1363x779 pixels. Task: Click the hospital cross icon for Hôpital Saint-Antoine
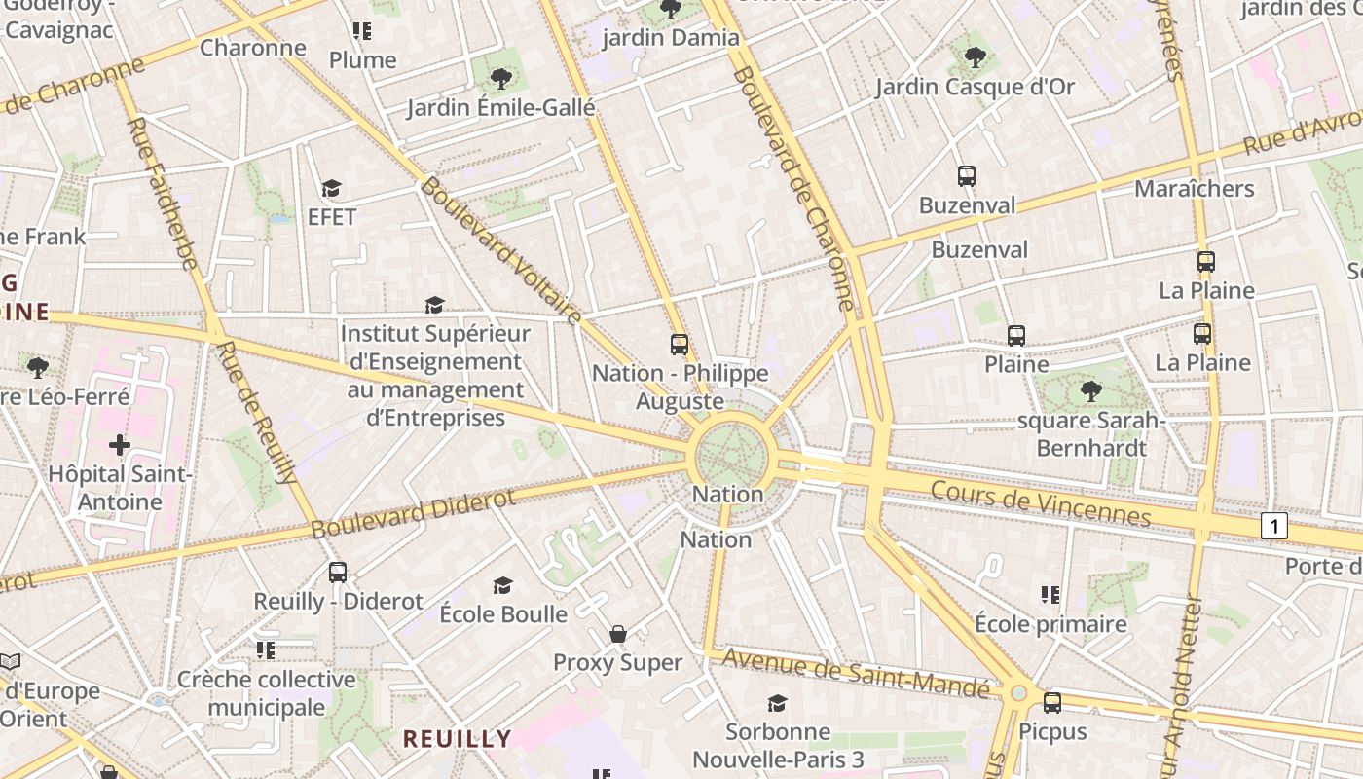[x=120, y=445]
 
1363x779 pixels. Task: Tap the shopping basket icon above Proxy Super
[x=617, y=635]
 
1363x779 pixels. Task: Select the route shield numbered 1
[x=1273, y=526]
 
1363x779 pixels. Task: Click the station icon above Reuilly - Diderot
[x=338, y=573]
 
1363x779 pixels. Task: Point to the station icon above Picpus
[x=1052, y=703]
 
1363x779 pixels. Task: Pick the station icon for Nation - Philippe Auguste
[x=680, y=344]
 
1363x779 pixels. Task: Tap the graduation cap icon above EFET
[x=332, y=188]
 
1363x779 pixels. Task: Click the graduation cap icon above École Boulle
[x=502, y=585]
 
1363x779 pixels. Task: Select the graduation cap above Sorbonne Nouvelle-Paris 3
[x=777, y=703]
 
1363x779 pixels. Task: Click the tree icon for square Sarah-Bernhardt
[x=1091, y=391]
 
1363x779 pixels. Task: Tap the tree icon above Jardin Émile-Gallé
[x=501, y=78]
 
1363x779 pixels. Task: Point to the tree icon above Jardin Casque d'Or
[x=975, y=56]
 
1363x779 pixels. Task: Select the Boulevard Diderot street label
[x=413, y=514]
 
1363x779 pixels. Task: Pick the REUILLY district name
[x=458, y=738]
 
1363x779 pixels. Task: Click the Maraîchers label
[x=1195, y=188]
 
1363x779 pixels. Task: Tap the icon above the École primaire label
[x=1050, y=594]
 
